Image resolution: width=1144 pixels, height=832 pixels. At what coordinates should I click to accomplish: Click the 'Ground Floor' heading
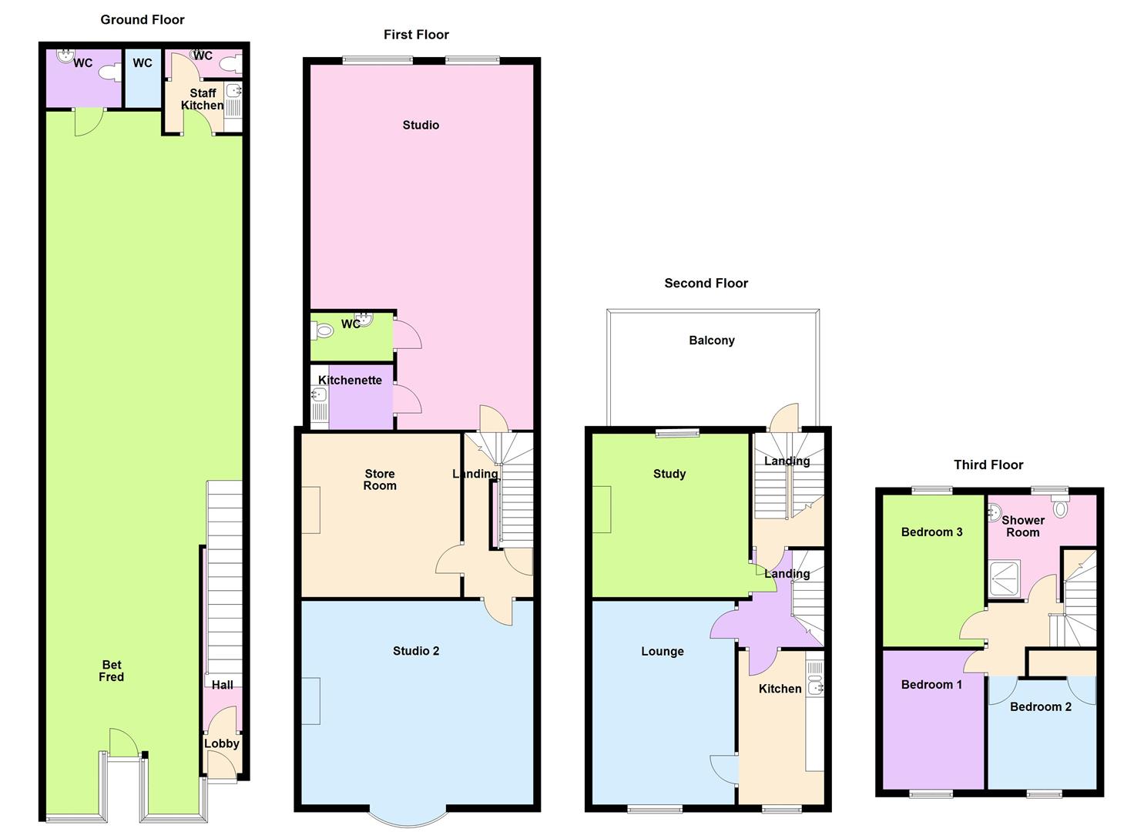(x=143, y=20)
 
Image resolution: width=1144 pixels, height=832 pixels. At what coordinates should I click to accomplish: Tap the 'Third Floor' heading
(x=988, y=465)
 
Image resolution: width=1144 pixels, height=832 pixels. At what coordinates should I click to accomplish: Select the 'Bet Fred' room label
(x=111, y=671)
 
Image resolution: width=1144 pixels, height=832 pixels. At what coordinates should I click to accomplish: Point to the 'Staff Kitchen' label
(x=203, y=99)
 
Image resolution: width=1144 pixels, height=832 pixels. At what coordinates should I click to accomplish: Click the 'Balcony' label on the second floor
(x=711, y=341)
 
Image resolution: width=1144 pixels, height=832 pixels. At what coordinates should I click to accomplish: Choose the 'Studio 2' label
(x=416, y=651)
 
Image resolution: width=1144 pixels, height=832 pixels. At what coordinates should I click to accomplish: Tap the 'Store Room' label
(x=380, y=480)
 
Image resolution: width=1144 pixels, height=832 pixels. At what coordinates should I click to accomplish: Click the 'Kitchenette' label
(x=350, y=381)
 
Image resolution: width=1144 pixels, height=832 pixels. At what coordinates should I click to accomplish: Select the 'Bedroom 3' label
(x=931, y=532)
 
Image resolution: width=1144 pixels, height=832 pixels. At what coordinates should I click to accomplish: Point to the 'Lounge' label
(x=662, y=652)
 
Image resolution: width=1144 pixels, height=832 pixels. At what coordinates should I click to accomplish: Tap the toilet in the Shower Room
(x=1062, y=508)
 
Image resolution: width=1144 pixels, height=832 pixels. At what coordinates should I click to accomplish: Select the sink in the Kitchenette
(x=319, y=396)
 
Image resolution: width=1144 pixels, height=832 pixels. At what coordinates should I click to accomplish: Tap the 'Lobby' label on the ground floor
(x=221, y=744)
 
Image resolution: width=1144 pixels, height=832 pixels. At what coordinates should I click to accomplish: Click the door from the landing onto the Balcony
(x=784, y=418)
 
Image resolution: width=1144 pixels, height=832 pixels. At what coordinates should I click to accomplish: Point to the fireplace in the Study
(x=602, y=509)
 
